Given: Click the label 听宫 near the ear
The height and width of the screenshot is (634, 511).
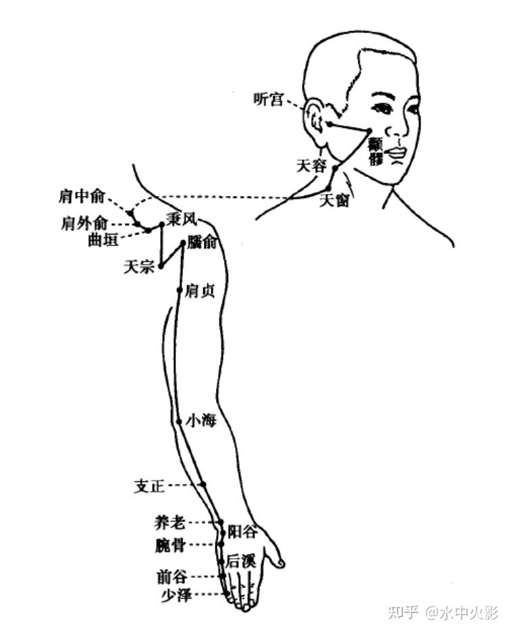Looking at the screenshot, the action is pos(268,99).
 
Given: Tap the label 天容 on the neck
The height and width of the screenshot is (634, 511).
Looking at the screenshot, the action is pos(311,165).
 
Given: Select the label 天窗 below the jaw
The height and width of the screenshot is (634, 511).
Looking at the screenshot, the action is pos(334,201).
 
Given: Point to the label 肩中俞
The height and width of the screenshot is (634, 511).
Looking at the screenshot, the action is pos(82,197).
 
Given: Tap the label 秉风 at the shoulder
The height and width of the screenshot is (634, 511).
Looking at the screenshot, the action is pos(181,220).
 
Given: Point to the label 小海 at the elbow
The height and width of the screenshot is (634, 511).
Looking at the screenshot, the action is pos(200,421).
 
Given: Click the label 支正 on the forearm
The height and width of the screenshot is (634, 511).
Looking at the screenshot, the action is pos(150,486).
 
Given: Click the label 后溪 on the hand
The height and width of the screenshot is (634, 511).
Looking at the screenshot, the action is pos(240,560).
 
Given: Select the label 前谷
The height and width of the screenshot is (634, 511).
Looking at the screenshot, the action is pos(171,577).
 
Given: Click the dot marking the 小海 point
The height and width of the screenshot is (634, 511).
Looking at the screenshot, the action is pos(178,421).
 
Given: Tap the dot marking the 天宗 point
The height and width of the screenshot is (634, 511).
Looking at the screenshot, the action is pos(161,266).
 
